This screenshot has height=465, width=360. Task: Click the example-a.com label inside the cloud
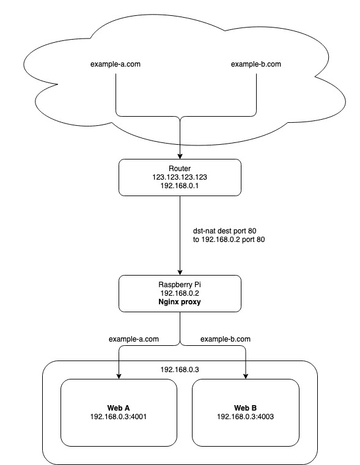click(x=116, y=64)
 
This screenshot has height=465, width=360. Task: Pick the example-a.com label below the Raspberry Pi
click(x=134, y=339)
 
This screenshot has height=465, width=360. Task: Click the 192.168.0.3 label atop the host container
click(x=180, y=370)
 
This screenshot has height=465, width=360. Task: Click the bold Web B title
click(x=246, y=407)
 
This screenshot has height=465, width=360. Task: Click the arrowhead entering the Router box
click(x=180, y=156)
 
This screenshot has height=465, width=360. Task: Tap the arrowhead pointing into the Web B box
click(x=246, y=375)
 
